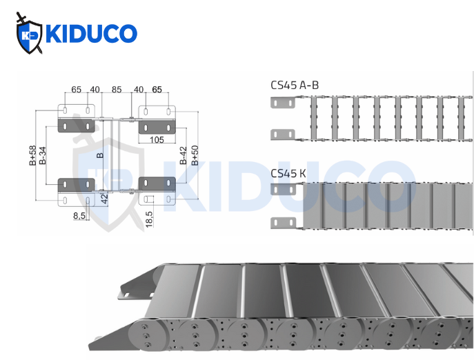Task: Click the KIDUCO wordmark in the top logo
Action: [x=90, y=33]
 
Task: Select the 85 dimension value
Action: [x=117, y=89]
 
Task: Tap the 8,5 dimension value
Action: [x=79, y=216]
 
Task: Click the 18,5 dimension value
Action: [x=149, y=219]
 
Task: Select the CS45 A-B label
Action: [x=295, y=86]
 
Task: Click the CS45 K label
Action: [x=288, y=174]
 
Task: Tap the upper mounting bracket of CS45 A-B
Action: [x=282, y=103]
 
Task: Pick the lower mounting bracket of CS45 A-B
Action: [x=282, y=133]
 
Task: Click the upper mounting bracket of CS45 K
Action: [x=282, y=190]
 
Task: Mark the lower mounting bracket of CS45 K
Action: [x=282, y=221]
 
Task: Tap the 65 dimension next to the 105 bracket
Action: [x=157, y=89]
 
